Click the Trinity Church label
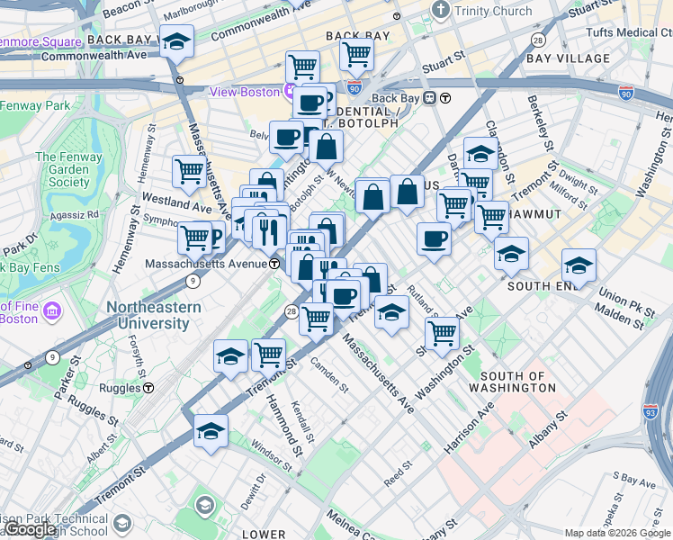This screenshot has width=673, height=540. (493, 10)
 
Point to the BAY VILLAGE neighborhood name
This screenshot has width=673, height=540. (568, 58)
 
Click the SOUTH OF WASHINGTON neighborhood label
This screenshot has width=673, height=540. (517, 382)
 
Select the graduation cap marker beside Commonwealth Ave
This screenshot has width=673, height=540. (177, 41)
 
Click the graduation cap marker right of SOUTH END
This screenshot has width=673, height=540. (579, 265)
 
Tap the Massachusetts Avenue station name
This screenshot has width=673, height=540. (205, 263)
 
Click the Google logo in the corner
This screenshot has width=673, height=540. (31, 529)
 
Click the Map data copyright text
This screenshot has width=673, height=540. (618, 533)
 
